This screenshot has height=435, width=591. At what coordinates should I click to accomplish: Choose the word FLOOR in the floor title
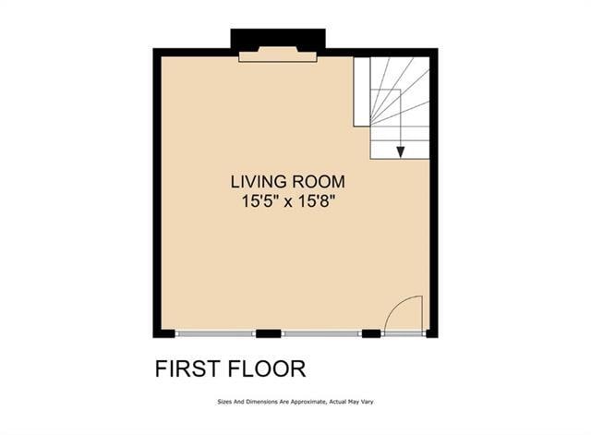[x=266, y=369]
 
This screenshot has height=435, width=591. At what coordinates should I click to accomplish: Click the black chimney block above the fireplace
[x=277, y=40]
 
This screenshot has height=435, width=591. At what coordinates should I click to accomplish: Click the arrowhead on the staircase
[x=400, y=151]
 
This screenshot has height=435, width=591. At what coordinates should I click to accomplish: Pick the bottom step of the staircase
[x=400, y=150]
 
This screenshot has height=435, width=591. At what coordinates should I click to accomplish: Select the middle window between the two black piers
[x=321, y=333]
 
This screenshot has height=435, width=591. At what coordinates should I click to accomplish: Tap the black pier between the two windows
[x=268, y=333]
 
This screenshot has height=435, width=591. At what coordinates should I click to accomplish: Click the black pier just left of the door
[x=371, y=333]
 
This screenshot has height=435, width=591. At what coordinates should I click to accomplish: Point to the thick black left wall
[x=157, y=194]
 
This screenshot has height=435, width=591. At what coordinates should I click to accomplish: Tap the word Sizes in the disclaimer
[x=224, y=402]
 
